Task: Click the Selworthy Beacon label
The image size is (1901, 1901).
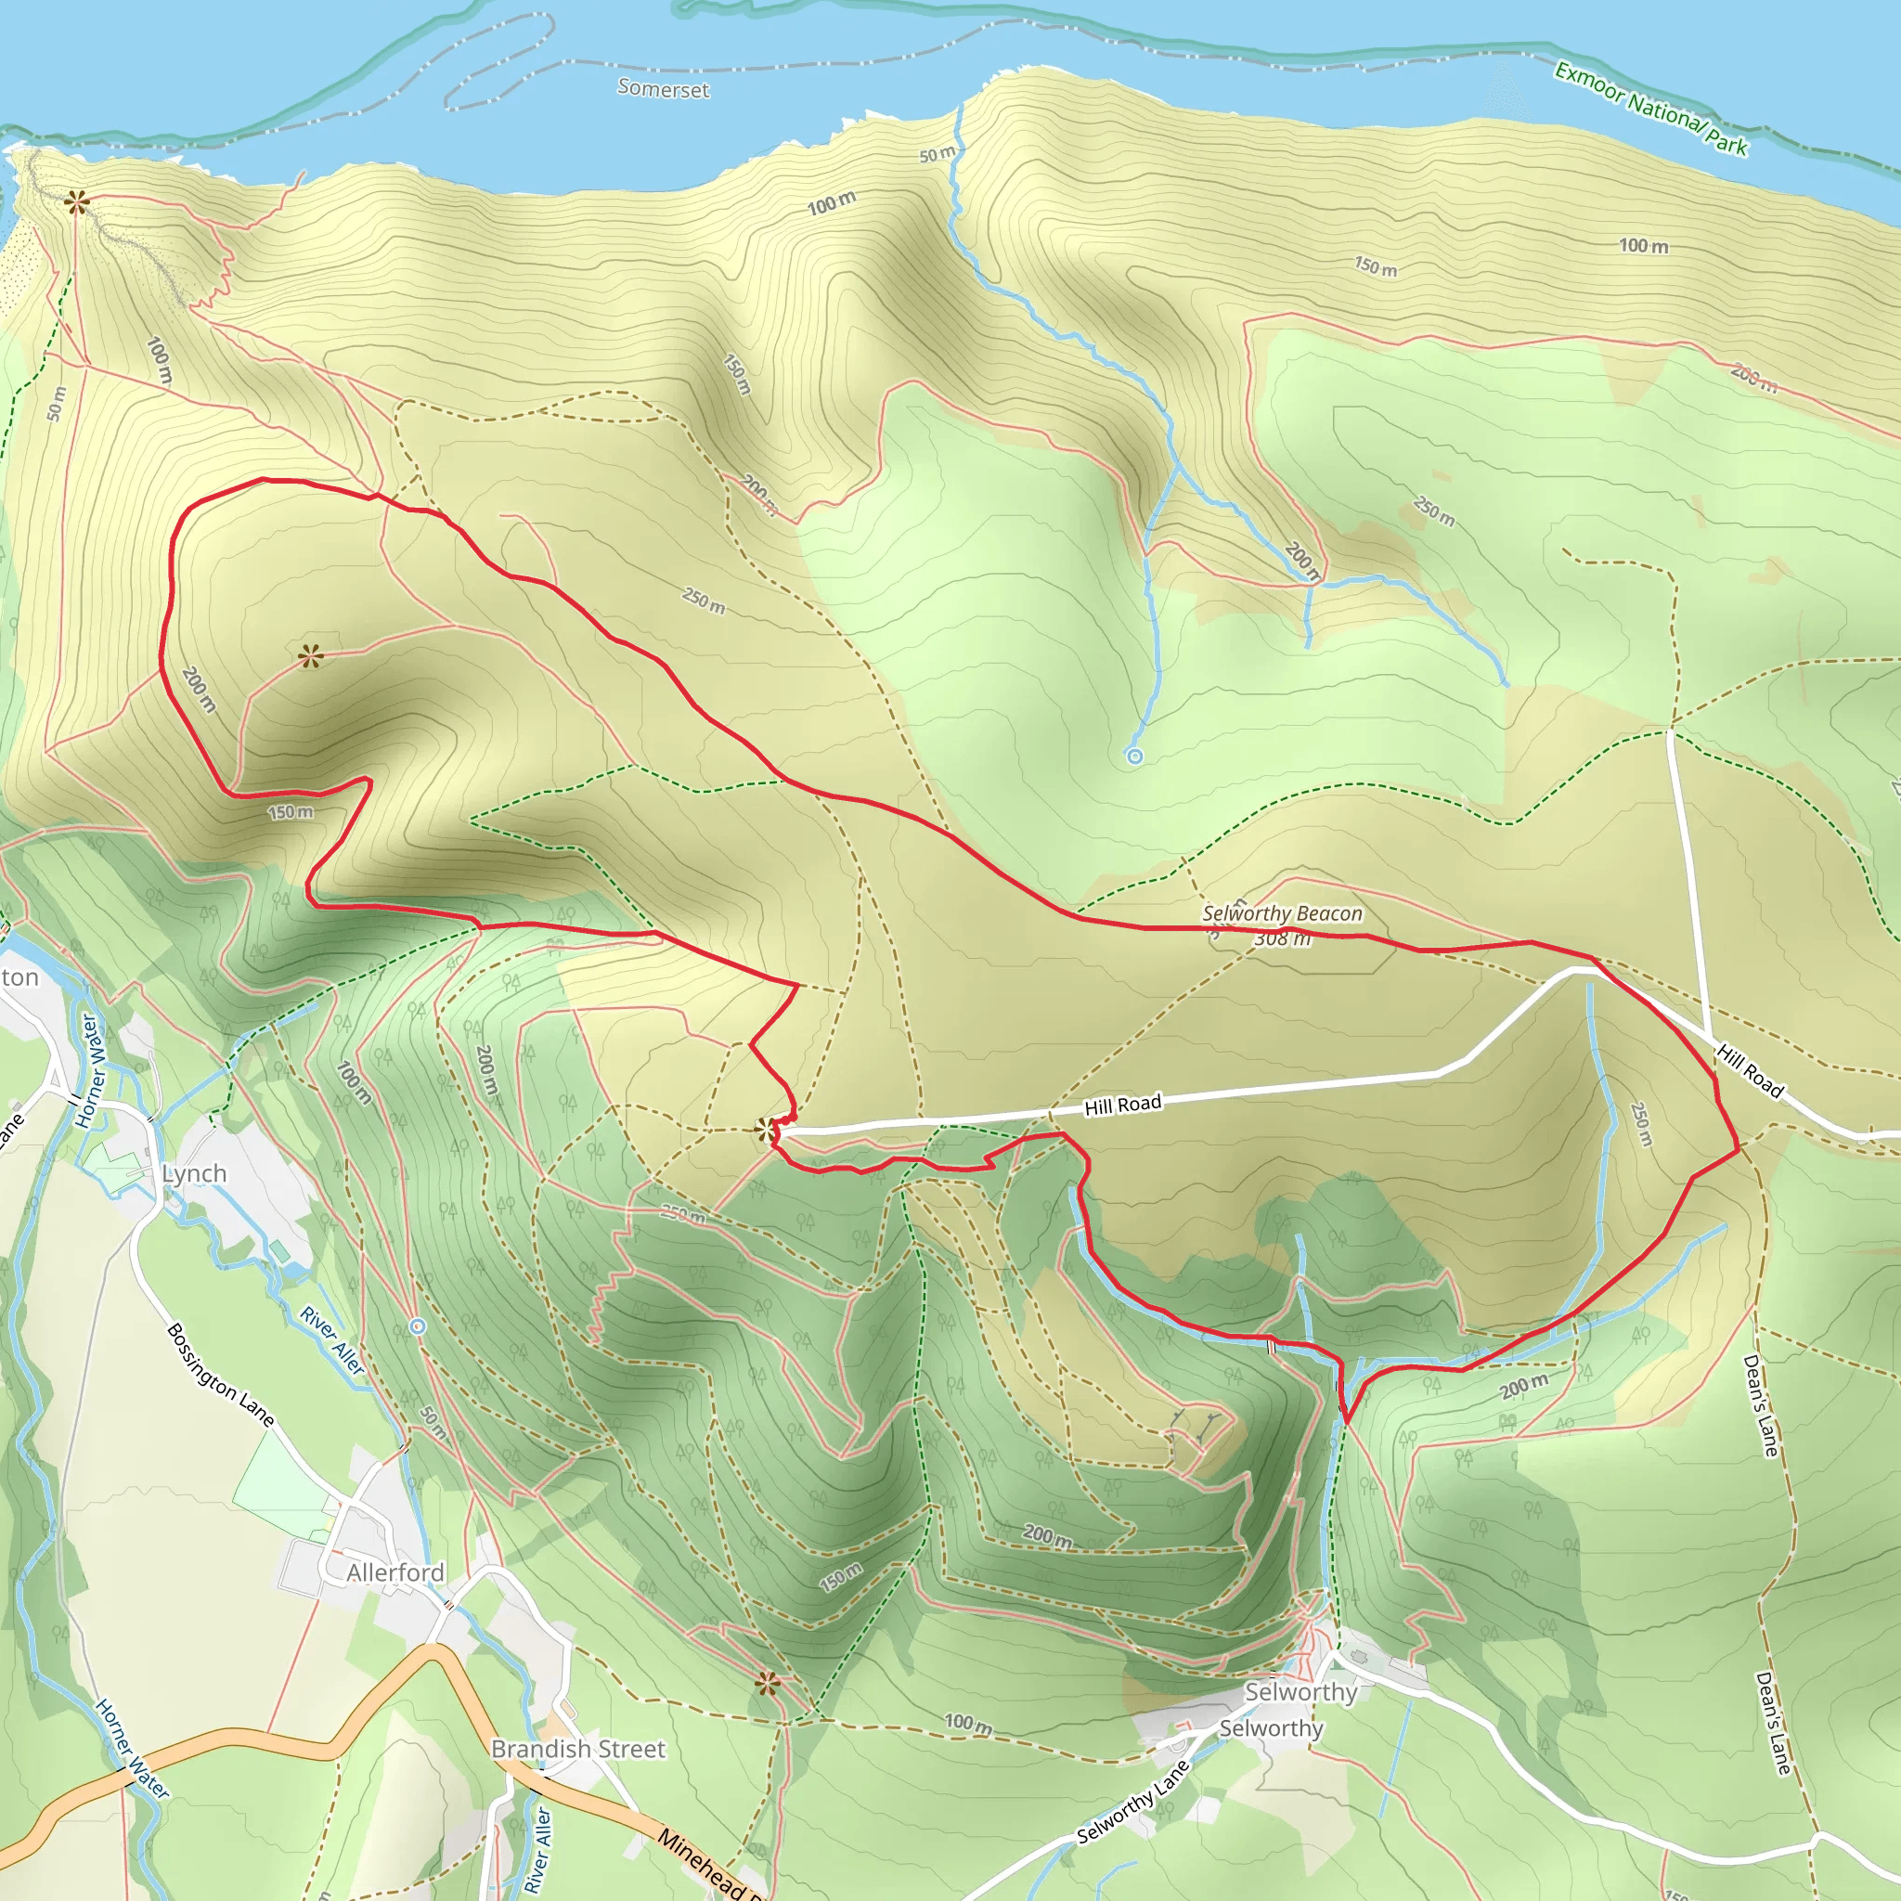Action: pyautogui.click(x=1282, y=913)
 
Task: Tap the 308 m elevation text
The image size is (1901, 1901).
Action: pyautogui.click(x=1282, y=938)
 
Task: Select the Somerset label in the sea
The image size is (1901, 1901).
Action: pyautogui.click(x=662, y=88)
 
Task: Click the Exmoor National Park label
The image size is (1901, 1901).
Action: pyautogui.click(x=1650, y=110)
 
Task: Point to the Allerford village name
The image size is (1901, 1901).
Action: pyautogui.click(x=394, y=1572)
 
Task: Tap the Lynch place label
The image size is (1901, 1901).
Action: pyautogui.click(x=194, y=1174)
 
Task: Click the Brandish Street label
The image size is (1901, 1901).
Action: pyautogui.click(x=577, y=1749)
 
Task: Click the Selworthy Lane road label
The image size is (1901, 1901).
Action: pyautogui.click(x=1132, y=1802)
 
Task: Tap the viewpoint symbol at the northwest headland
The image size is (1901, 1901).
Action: pyautogui.click(x=77, y=203)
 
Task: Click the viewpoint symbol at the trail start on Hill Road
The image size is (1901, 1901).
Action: pyautogui.click(x=767, y=1130)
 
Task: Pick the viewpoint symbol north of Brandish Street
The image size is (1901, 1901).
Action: pyautogui.click(x=768, y=1683)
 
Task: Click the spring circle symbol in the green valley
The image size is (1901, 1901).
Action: pyautogui.click(x=1134, y=757)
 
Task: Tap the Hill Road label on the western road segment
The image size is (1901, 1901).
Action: pyautogui.click(x=1123, y=1105)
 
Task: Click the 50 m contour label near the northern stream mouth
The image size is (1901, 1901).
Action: pyautogui.click(x=937, y=154)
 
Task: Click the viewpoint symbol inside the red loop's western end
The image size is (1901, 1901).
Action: pyautogui.click(x=311, y=655)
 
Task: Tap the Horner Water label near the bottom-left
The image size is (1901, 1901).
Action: pyautogui.click(x=132, y=1749)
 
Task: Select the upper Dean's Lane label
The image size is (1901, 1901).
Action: pyautogui.click(x=1760, y=1405)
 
